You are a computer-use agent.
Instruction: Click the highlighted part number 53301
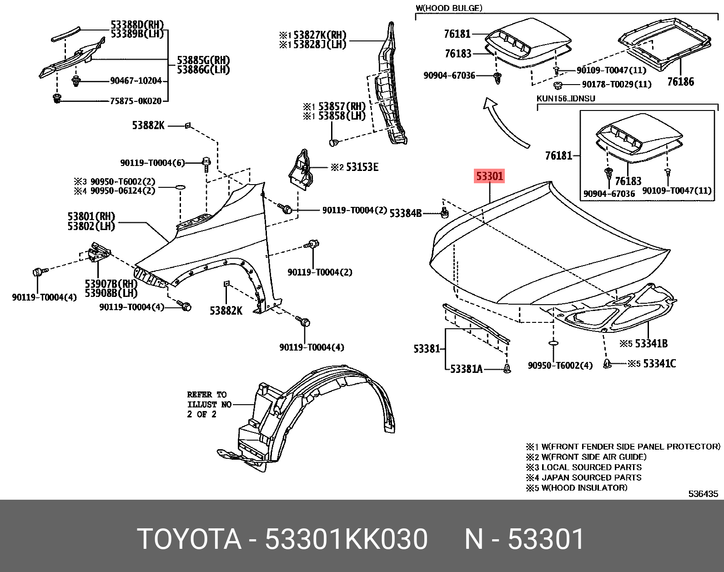(489, 176)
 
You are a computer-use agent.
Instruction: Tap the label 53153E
(362, 167)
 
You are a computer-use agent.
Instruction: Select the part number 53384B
(406, 213)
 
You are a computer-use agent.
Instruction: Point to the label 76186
(680, 82)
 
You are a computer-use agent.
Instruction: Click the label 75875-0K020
(136, 101)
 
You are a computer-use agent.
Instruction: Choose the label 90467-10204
(136, 81)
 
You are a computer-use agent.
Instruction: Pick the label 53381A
(466, 369)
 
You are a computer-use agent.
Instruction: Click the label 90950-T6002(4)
(560, 366)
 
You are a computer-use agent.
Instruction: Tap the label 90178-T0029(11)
(617, 84)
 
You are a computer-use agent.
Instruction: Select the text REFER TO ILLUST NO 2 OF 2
(209, 404)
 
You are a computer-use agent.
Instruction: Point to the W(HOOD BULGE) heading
(449, 8)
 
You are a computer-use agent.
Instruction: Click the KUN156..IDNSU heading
(566, 99)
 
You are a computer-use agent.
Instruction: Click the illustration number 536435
(703, 494)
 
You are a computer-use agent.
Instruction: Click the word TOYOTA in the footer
(189, 539)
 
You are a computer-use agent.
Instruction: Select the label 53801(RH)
(91, 216)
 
